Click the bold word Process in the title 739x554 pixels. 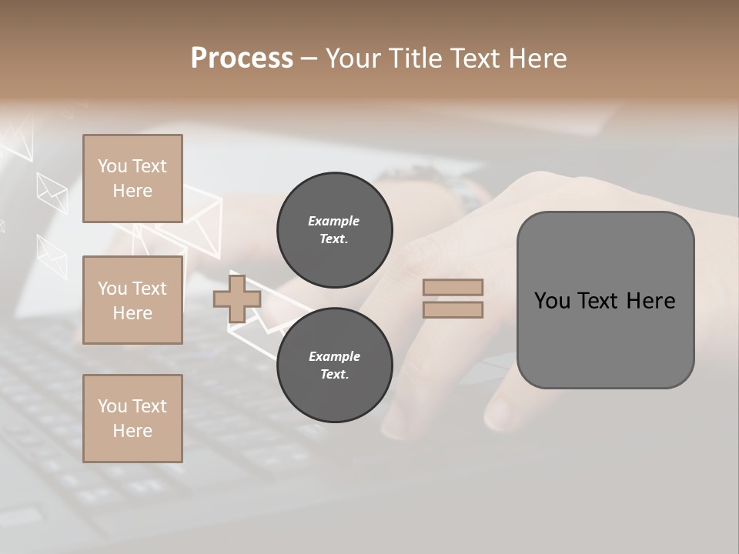242,58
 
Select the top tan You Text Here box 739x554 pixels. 132,179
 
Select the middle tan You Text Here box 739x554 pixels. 132,300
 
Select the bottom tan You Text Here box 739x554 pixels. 132,419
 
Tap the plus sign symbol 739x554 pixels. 237,299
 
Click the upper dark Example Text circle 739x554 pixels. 334,230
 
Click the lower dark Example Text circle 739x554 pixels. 334,365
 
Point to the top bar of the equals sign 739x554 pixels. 453,288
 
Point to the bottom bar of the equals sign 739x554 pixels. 453,310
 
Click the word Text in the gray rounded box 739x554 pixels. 602,301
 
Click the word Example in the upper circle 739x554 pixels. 334,221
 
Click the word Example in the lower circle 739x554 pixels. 334,356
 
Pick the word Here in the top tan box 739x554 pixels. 132,191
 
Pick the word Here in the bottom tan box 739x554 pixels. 132,431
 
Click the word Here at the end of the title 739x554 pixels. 538,58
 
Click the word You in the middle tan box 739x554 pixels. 112,289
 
